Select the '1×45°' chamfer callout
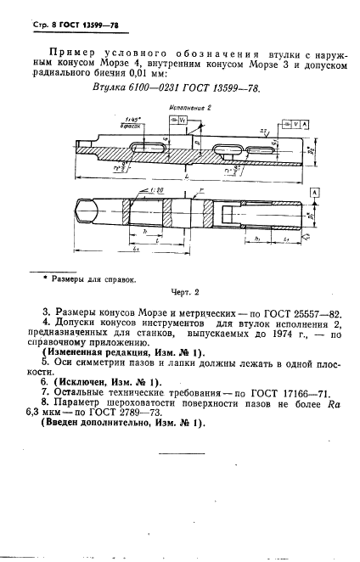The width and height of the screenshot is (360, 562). click(x=130, y=121)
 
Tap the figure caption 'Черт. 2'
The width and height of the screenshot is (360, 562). click(x=184, y=293)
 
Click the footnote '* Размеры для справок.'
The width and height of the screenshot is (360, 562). click(x=83, y=278)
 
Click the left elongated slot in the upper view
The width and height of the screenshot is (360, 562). click(x=147, y=149)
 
